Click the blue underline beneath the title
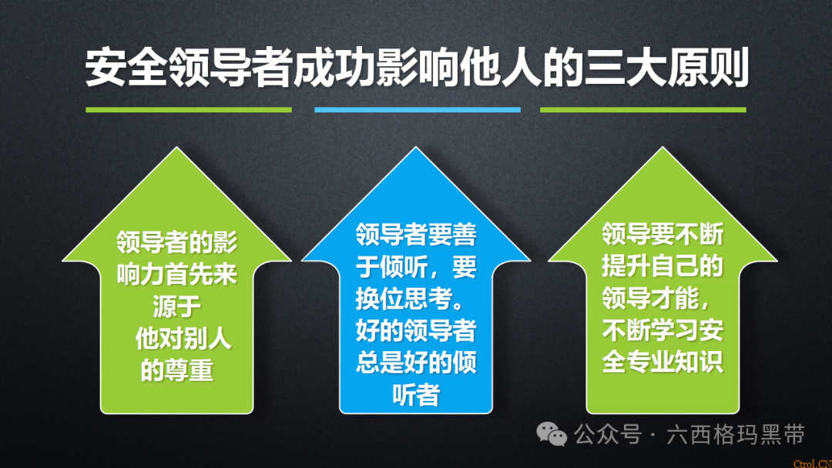[x=417, y=109]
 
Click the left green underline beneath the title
[x=188, y=109]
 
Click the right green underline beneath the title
[x=642, y=109]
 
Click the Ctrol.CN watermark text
[x=811, y=462]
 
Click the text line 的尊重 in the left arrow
[x=176, y=371]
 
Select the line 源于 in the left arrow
[x=176, y=306]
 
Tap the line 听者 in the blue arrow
[x=416, y=395]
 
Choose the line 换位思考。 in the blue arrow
[x=416, y=299]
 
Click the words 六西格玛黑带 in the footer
[x=736, y=435]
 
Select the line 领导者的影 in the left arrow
[x=177, y=242]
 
